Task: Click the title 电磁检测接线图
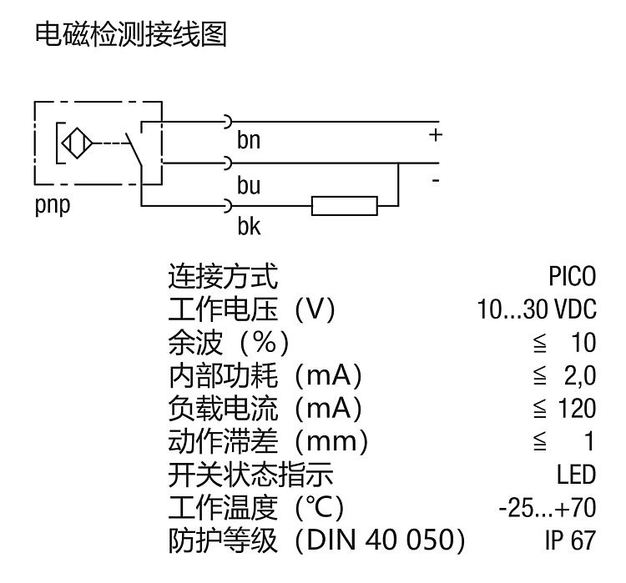coord(130,36)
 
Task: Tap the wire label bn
coord(249,141)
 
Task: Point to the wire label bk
coord(249,225)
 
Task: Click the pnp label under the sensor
coord(51,205)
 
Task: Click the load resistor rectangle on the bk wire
coord(344,205)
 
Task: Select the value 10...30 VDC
coord(537,309)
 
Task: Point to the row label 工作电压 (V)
coord(250,309)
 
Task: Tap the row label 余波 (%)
coord(228,343)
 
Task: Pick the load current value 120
coord(579,409)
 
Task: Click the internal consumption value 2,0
coord(581,376)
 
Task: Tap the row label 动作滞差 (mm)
coord(267,442)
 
